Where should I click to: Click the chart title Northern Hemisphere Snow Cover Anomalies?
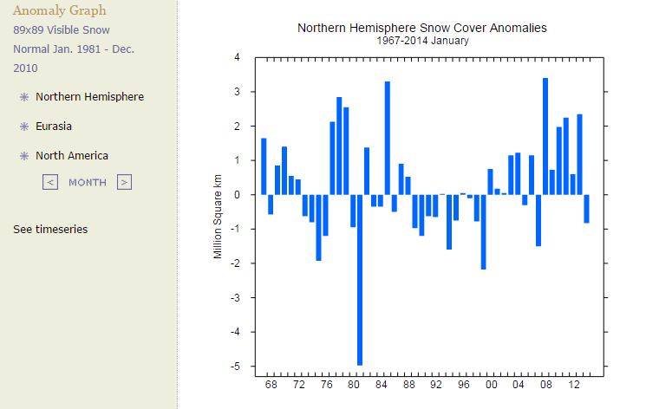pos(422,28)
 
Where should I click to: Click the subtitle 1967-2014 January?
pos(422,41)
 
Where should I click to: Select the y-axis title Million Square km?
pos(219,211)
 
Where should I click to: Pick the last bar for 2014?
pos(586,209)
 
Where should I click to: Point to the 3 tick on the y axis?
pos(237,92)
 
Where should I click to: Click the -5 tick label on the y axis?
pos(235,367)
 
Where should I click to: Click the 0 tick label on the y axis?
pos(237,195)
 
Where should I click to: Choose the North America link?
pos(72,156)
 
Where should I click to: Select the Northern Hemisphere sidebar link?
pos(89,97)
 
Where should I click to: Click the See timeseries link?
pos(50,230)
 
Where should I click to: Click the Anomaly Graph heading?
pos(60,11)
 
